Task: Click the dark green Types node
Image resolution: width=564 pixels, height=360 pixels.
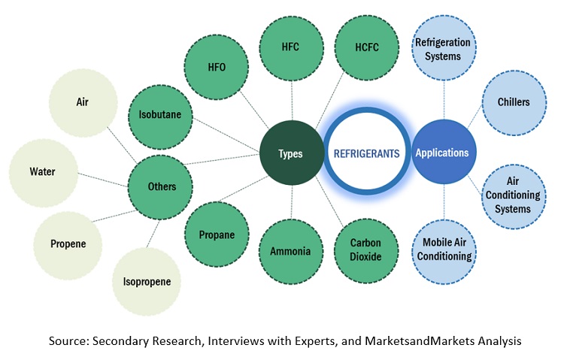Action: point(290,153)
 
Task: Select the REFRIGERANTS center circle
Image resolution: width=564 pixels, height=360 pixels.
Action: point(366,153)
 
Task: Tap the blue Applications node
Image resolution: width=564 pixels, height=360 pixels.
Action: point(441,153)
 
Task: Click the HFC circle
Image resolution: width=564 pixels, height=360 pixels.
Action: point(290,47)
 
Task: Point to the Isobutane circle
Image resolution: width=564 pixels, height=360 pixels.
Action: point(160,116)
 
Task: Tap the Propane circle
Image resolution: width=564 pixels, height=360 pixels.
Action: point(216,234)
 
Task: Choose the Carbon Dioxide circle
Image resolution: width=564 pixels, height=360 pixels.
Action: point(366,251)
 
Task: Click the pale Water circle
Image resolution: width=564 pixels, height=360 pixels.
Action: point(42,171)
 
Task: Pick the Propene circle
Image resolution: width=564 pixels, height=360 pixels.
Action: point(68,244)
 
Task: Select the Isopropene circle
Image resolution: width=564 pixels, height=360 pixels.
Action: point(147,282)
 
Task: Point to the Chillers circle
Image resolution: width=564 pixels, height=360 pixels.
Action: point(514,102)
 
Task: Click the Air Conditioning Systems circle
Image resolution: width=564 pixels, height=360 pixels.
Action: point(514,195)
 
